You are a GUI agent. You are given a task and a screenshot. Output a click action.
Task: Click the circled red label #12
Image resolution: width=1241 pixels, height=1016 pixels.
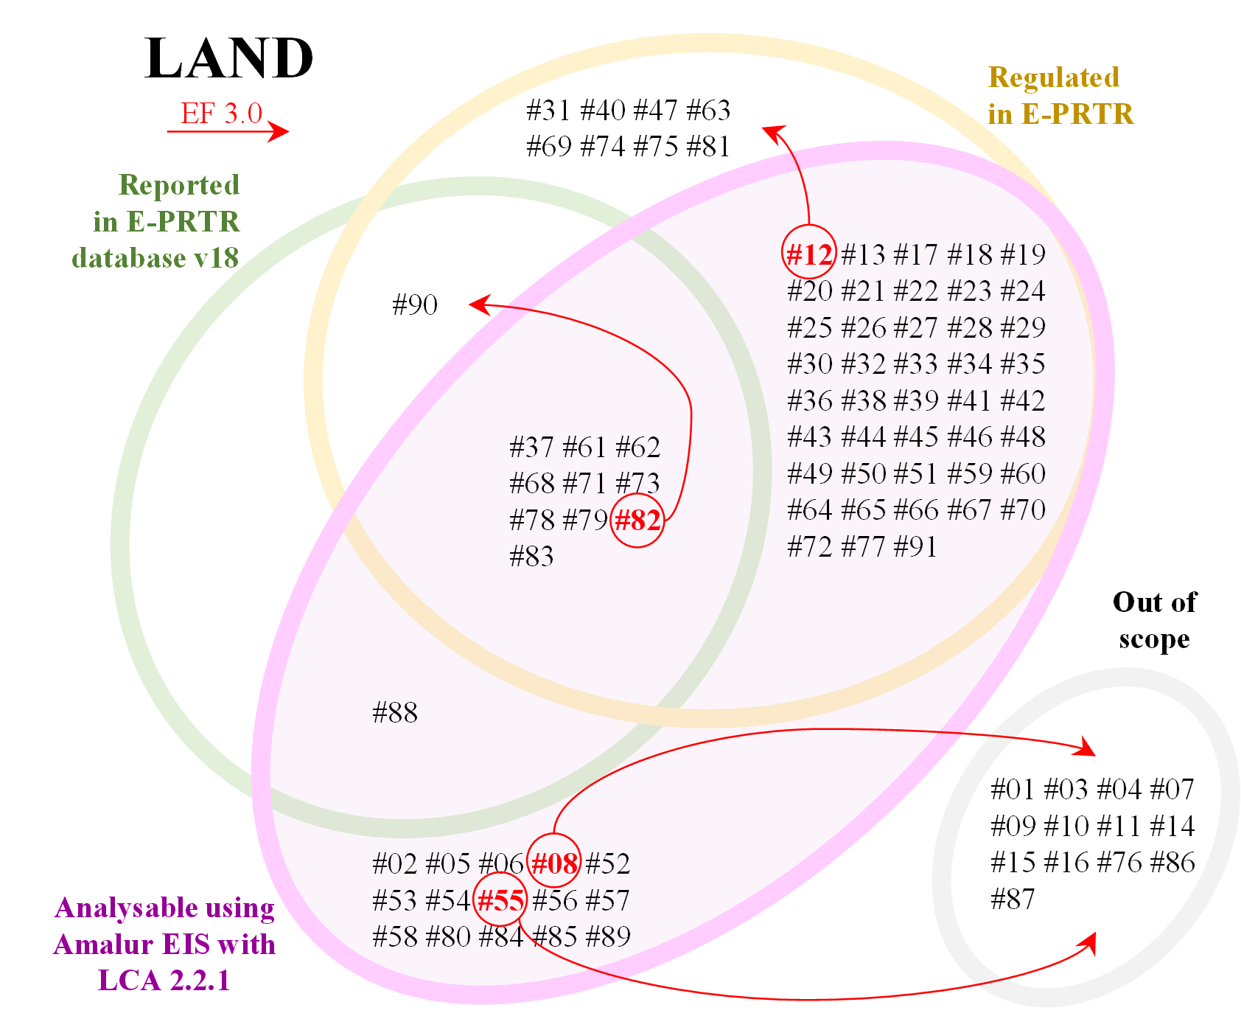pos(809,254)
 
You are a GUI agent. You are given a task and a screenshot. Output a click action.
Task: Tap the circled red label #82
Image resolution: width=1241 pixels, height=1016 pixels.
pos(638,521)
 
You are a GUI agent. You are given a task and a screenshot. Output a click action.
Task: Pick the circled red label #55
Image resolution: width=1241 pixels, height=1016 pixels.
pos(500,900)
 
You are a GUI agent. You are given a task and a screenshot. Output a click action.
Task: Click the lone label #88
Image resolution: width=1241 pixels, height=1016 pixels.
pos(396,713)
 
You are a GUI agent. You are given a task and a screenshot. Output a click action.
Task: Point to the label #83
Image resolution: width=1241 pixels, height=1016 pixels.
pos(531,557)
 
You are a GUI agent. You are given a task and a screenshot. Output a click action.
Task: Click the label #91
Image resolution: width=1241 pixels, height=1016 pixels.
pos(915,547)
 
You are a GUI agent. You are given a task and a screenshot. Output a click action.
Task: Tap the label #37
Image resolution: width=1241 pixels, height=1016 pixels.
pos(531,448)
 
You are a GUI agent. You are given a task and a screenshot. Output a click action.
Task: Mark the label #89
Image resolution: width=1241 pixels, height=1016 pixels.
pos(609,936)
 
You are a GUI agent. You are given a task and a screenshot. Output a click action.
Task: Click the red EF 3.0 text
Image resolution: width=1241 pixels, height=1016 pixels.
pos(222,114)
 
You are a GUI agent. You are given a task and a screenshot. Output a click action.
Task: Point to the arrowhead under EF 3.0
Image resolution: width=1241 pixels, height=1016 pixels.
pos(280,132)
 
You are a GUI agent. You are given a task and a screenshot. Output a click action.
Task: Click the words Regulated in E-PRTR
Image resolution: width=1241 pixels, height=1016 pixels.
pos(1060,96)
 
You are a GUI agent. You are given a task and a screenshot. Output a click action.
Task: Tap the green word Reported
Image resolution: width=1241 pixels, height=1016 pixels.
pos(179,185)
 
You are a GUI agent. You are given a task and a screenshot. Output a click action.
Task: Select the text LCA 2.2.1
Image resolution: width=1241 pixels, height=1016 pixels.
pos(164,981)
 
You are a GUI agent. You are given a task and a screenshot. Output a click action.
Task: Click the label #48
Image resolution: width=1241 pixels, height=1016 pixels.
pos(1024,437)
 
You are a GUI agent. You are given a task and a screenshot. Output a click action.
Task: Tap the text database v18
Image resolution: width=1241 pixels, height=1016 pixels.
pos(155,258)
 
